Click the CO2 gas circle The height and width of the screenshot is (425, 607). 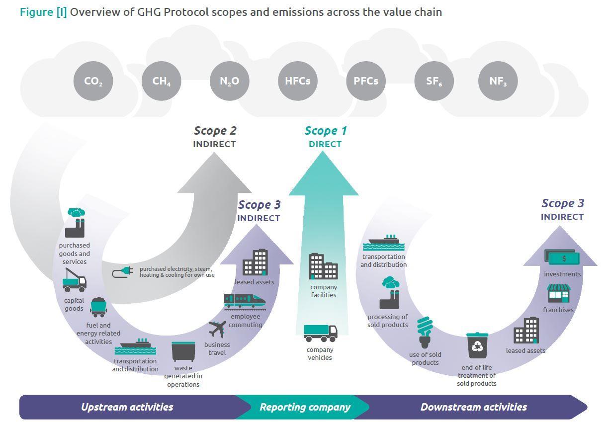coord(93,81)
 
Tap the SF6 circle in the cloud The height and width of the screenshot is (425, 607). coord(434,81)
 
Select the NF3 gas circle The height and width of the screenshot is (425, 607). coord(498,81)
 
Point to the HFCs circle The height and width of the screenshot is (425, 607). coord(297,81)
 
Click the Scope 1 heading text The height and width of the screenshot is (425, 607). coord(325,131)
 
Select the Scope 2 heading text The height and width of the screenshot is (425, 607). coord(215,131)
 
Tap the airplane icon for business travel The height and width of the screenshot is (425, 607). coord(217,329)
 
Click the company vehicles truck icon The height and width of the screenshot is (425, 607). coord(320,333)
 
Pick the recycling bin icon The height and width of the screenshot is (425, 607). coord(477,346)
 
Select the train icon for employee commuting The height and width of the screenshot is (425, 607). coord(245,301)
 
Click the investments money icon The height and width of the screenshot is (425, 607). coord(562,257)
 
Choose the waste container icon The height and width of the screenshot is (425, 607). coord(183,351)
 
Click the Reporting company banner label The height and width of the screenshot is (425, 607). coord(305,407)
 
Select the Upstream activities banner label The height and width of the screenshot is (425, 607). coord(127,407)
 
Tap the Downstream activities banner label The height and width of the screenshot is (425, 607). coord(473,407)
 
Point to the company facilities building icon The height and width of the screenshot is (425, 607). coord(323,266)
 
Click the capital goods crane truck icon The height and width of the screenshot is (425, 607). coord(75,280)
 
